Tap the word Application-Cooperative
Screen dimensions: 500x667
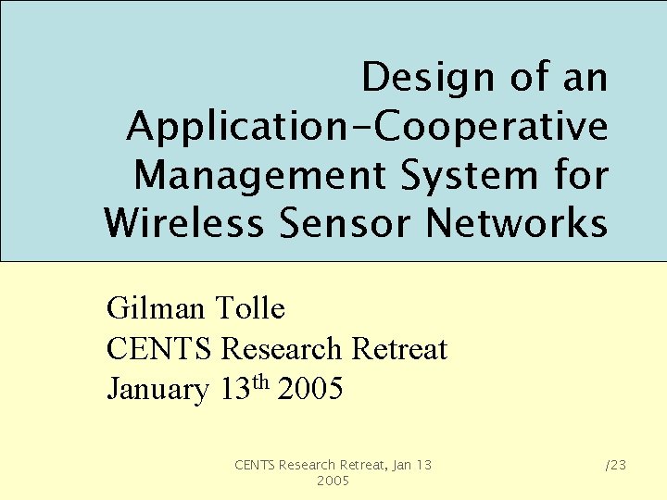pos(368,126)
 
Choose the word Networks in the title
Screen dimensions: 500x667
pos(521,223)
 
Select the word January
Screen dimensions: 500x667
pos(158,390)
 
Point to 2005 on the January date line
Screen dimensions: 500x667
pos(310,390)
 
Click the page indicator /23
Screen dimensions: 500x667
pos(615,465)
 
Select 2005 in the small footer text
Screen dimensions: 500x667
pos(333,481)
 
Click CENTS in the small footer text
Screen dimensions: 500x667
pos(256,465)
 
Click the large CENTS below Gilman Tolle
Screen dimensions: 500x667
pos(160,349)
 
